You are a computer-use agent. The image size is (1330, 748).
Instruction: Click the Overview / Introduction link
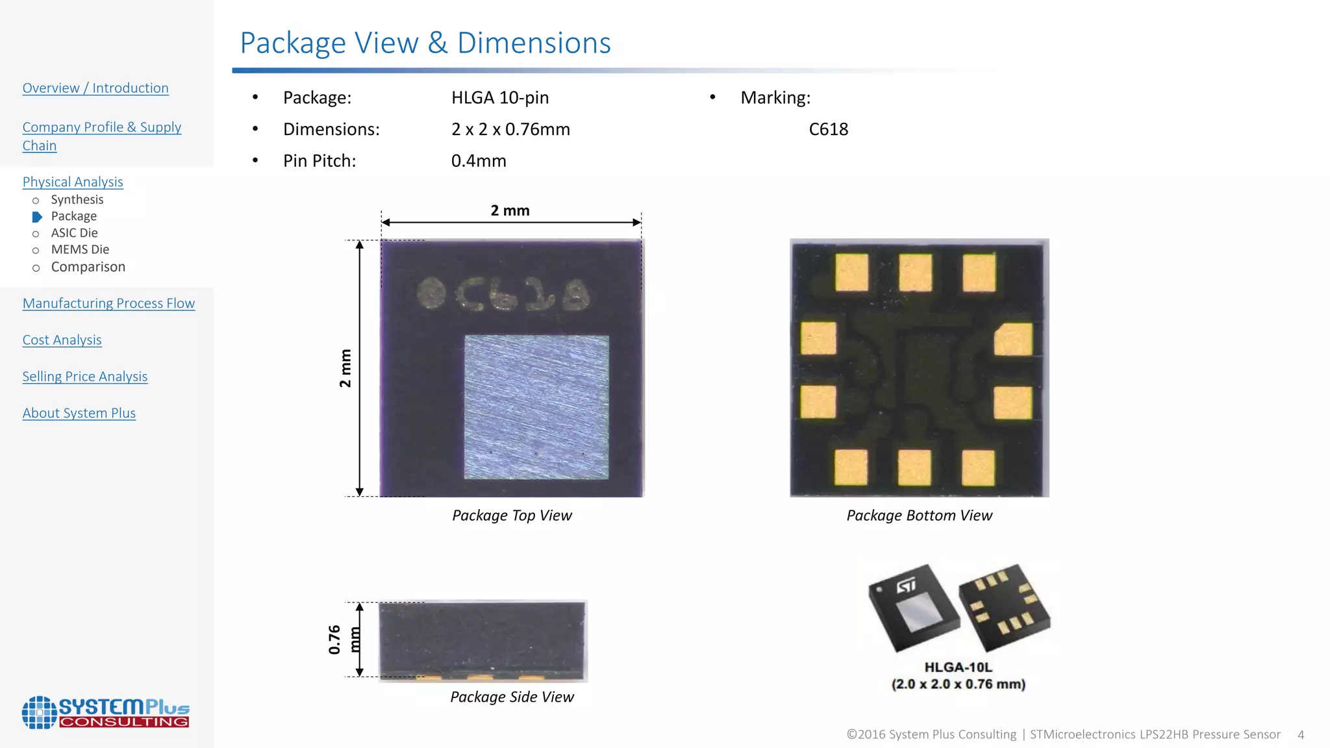tap(95, 88)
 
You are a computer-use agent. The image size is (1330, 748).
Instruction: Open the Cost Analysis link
tap(62, 340)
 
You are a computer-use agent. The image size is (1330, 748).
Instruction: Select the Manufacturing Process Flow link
tap(108, 303)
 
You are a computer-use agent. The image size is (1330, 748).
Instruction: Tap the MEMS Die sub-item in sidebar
tap(80, 249)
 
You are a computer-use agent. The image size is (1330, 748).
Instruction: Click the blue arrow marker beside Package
tap(37, 217)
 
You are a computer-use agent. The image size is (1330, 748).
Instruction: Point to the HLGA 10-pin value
tap(499, 97)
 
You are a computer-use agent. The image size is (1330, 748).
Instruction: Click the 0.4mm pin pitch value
tap(478, 160)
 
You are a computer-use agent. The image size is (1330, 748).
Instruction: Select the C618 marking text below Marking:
tap(828, 129)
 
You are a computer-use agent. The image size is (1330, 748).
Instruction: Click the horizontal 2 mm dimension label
tap(510, 210)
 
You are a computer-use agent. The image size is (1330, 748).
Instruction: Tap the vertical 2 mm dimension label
tap(345, 368)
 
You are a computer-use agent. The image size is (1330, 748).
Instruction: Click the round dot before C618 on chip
tap(431, 293)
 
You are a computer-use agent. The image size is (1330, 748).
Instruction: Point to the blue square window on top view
tap(536, 407)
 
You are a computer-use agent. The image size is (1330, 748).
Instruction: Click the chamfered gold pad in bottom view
tap(1014, 339)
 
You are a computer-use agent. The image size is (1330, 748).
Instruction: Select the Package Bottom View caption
tap(919, 516)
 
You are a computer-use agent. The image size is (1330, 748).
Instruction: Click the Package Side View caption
tap(512, 697)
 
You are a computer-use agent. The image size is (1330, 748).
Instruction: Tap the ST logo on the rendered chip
tap(906, 586)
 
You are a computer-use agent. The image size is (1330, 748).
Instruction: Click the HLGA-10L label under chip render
tap(958, 667)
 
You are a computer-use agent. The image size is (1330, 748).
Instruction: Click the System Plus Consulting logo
tap(105, 712)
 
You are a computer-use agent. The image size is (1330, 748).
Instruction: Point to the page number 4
tap(1300, 735)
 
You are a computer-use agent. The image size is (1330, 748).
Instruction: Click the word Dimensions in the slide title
tap(534, 43)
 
